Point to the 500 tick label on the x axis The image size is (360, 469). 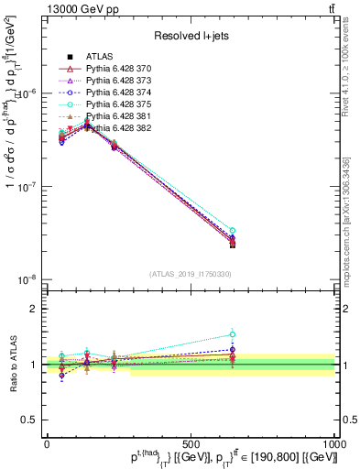(191, 442)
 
